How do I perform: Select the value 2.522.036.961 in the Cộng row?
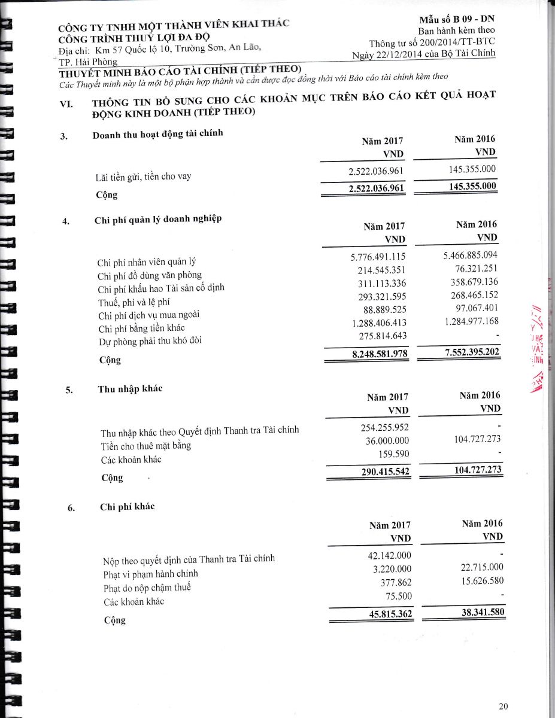click(x=376, y=188)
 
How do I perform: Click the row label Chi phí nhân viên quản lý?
click(x=146, y=261)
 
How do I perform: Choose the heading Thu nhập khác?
click(x=130, y=389)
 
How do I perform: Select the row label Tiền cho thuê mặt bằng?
click(x=146, y=446)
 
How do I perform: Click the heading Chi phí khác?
click(x=127, y=507)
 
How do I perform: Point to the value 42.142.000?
click(x=389, y=555)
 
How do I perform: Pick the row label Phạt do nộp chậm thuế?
click(x=147, y=588)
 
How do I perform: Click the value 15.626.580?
click(x=478, y=581)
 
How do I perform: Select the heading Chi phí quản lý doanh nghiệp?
click(x=158, y=219)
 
